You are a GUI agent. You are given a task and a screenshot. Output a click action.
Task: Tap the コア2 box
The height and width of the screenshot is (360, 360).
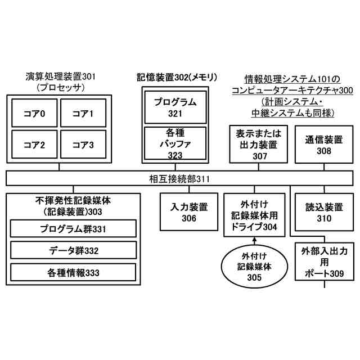click(34, 145)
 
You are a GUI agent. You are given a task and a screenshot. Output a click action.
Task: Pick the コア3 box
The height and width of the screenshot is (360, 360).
click(83, 145)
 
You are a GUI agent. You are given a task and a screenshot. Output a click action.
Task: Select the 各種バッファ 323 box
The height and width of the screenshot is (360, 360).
click(175, 143)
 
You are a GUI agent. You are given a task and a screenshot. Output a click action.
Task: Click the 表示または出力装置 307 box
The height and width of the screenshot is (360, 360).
click(259, 145)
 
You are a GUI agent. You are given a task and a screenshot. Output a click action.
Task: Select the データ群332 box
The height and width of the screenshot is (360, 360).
click(73, 250)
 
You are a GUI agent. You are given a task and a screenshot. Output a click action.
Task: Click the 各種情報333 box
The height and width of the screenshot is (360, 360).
click(73, 273)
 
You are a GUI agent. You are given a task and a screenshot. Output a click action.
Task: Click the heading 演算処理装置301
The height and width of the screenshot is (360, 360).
click(62, 76)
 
